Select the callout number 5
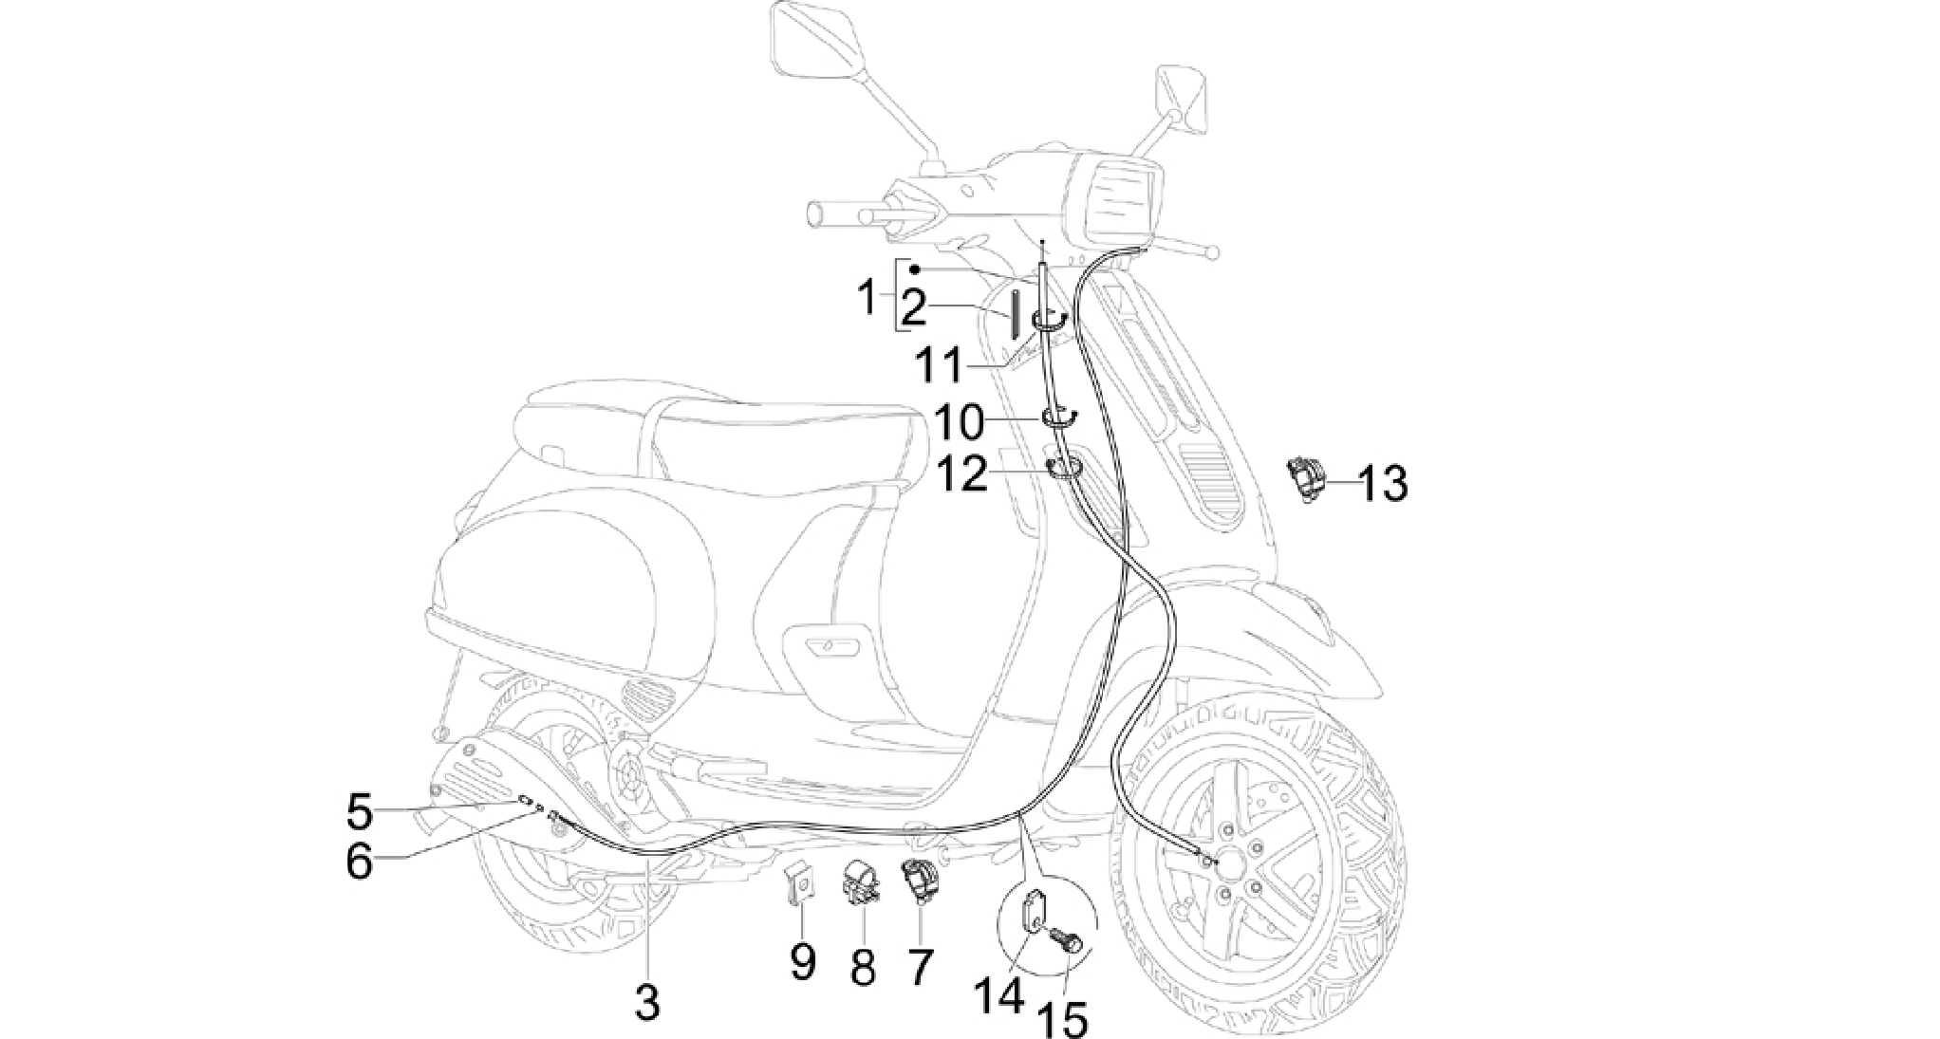pyautogui.click(x=360, y=812)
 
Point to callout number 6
pyautogui.click(x=359, y=862)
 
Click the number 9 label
pyautogui.click(x=803, y=963)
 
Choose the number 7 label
pyautogui.click(x=921, y=967)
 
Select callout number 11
pyautogui.click(x=940, y=366)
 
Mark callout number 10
pyautogui.click(x=960, y=423)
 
